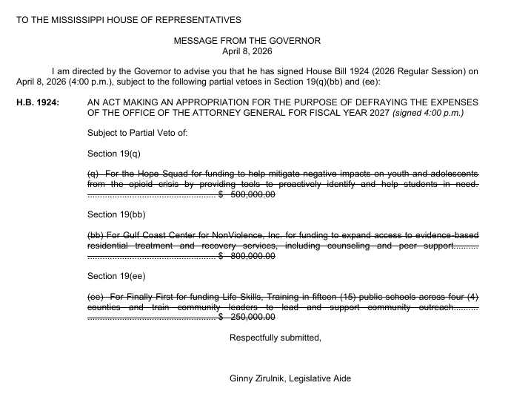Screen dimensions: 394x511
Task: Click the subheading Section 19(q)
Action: pyautogui.click(x=113, y=153)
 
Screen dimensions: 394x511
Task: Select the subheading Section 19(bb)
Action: pyautogui.click(x=116, y=214)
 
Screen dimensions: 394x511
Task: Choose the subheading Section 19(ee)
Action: pyautogui.click(x=116, y=276)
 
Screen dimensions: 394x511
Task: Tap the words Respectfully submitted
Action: pyautogui.click(x=275, y=338)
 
